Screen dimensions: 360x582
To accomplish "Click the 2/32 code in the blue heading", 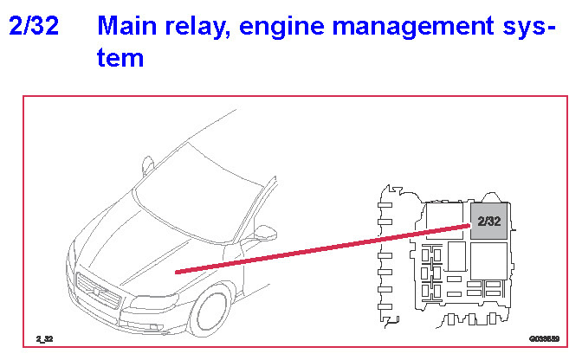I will (33, 26).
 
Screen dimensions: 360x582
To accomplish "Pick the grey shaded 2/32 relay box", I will (488, 221).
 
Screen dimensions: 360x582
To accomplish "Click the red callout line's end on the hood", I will (177, 272).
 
